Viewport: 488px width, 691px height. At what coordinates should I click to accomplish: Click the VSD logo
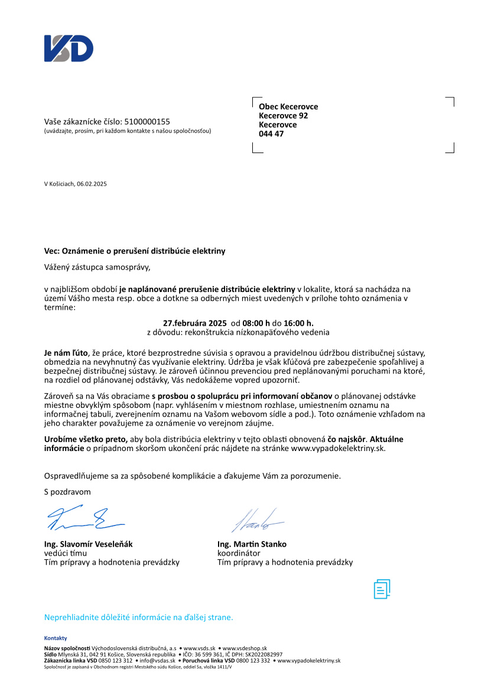pos(69,48)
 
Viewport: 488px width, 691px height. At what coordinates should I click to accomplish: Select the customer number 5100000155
pos(148,122)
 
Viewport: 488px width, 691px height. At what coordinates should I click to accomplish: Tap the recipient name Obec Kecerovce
pos(288,107)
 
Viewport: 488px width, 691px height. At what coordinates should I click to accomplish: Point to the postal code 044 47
pos(271,134)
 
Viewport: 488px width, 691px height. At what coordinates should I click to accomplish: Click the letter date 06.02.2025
pos(92,184)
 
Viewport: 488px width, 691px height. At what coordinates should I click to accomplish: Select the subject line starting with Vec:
pos(135,251)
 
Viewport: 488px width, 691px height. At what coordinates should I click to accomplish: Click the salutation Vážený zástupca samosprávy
pos(97,267)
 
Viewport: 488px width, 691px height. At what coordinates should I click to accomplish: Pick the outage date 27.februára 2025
pos(195,323)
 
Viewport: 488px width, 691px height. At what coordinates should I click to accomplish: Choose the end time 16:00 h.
pos(298,323)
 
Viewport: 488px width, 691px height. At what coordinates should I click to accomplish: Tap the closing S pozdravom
pos(68,491)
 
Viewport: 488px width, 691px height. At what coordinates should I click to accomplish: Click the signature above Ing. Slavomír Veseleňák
pos(84,518)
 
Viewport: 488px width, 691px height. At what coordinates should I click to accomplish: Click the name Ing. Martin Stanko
pos(252,544)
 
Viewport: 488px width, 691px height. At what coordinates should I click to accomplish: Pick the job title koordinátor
pos(239,553)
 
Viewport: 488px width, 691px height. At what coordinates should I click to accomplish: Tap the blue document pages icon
pos(382,589)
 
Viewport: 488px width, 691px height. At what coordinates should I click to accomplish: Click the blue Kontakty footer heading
pos(56,638)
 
